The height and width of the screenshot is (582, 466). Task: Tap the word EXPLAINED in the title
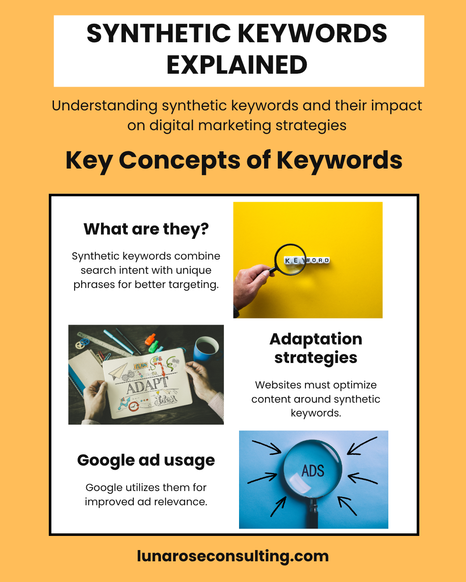236,65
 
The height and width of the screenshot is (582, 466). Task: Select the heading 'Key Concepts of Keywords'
233,160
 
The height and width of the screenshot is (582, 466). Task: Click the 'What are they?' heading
146,229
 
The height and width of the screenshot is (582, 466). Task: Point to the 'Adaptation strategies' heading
315,348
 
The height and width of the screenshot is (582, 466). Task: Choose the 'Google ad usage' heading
146,460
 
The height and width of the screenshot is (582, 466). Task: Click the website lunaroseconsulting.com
233,556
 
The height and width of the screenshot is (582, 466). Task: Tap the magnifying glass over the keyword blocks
290,259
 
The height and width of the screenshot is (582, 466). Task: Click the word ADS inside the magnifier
313,471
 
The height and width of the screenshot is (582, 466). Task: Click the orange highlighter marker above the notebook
150,339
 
